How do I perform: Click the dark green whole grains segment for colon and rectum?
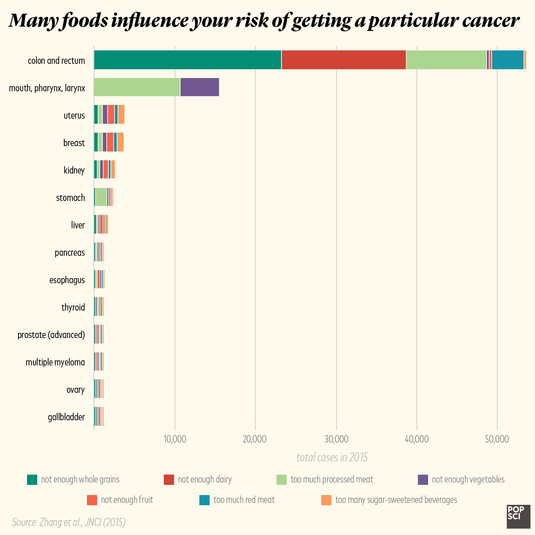(x=188, y=60)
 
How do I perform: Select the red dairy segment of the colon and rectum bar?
(x=343, y=60)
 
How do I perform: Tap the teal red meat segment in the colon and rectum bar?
(x=508, y=60)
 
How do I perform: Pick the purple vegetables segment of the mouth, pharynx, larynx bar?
(x=199, y=87)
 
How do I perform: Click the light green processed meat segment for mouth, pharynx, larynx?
(x=137, y=87)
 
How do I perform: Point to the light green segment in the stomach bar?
(x=101, y=197)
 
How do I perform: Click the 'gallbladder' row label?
(x=66, y=417)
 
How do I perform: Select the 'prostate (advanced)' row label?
(x=51, y=335)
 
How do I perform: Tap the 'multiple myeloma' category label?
(x=55, y=362)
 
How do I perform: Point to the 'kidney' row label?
(x=74, y=170)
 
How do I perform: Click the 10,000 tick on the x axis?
(x=175, y=439)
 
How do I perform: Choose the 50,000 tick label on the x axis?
(x=497, y=439)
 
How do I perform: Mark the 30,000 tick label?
(x=336, y=439)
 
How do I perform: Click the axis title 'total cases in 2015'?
(x=332, y=457)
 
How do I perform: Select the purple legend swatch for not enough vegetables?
(x=423, y=479)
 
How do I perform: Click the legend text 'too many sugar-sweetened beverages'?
(x=396, y=500)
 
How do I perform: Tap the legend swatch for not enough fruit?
(x=92, y=500)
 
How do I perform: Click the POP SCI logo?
(x=518, y=516)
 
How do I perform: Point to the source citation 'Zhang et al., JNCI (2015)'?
(x=69, y=522)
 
